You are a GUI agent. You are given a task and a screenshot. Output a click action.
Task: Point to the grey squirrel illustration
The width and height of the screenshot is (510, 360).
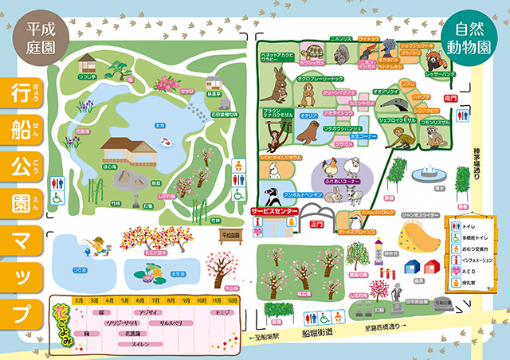[340, 53]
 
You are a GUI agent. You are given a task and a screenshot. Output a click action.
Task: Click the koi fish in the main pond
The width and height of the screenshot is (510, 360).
[167, 142]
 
